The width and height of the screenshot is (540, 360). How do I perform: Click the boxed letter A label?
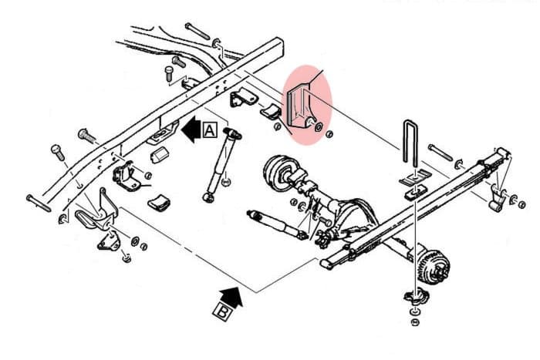tap(210, 130)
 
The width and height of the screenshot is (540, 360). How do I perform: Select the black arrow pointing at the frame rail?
tap(191, 130)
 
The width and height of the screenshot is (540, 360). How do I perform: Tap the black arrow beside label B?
tap(231, 296)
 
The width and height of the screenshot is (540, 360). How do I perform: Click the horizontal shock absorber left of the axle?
tap(277, 225)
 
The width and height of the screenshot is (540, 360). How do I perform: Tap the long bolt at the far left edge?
tap(39, 203)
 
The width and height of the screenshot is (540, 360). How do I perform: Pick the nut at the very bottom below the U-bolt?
tap(415, 322)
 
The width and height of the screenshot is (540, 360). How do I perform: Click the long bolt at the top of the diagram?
tap(197, 31)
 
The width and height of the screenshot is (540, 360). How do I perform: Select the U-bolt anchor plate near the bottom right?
tap(416, 298)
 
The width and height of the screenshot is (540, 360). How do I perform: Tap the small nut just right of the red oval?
tap(329, 134)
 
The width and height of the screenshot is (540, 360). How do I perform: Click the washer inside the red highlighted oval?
tap(319, 127)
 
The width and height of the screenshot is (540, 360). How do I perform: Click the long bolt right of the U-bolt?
tap(440, 153)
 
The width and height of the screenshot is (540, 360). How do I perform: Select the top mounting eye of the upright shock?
tap(232, 133)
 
